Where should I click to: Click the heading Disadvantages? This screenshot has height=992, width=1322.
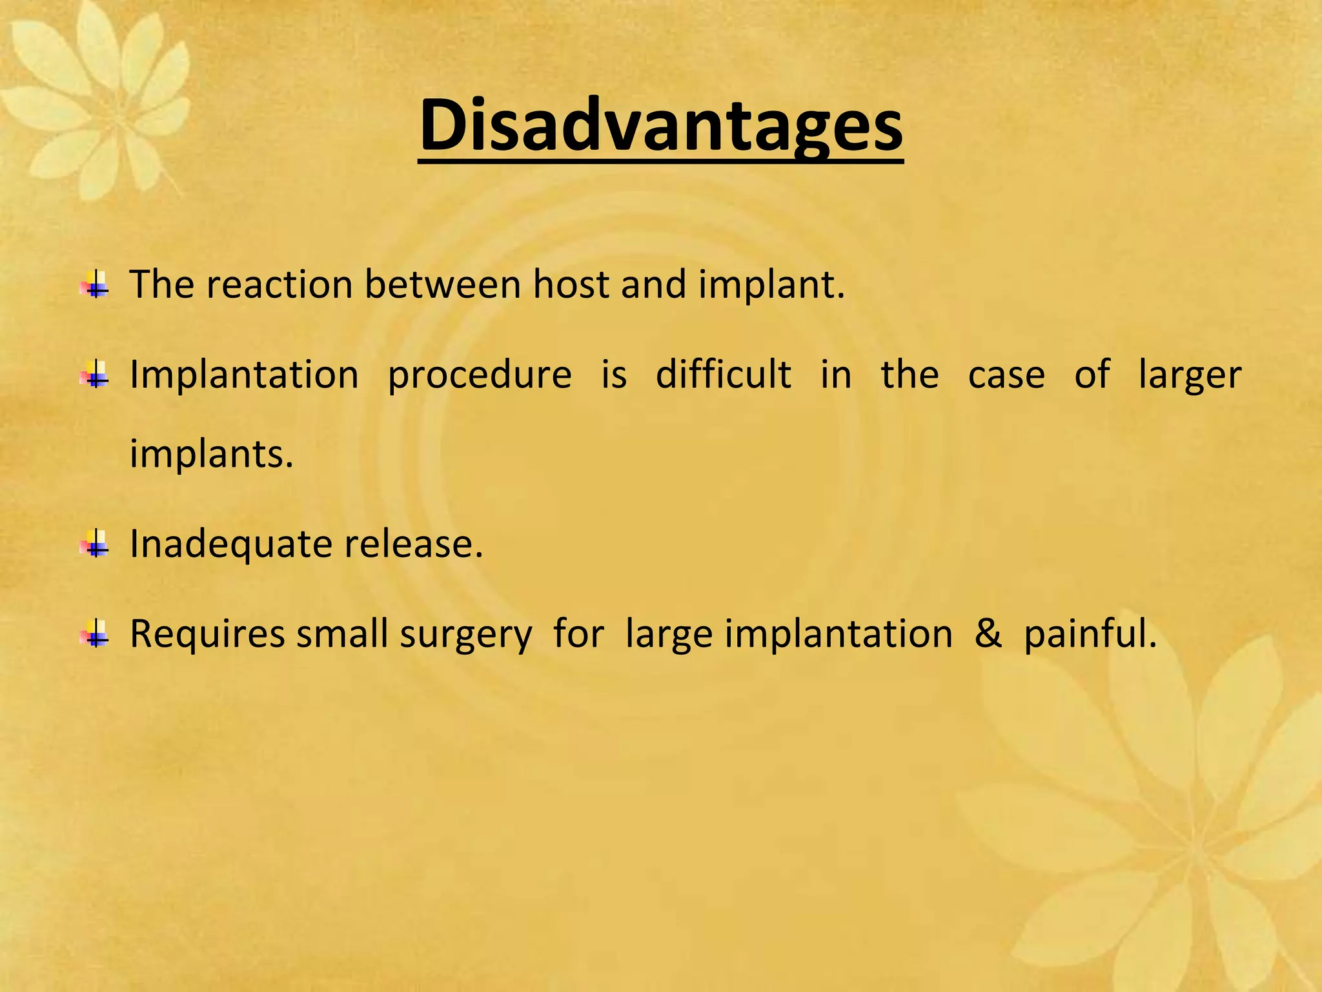pos(660,126)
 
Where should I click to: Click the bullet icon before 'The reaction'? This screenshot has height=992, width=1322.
pos(96,284)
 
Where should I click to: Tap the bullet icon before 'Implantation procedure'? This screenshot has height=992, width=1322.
pos(96,375)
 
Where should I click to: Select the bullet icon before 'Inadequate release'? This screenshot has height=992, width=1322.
pos(96,544)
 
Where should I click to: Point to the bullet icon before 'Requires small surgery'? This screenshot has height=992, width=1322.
pos(96,634)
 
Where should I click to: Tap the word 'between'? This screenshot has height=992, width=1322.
pos(442,284)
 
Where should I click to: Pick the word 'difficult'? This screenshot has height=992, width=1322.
pos(723,375)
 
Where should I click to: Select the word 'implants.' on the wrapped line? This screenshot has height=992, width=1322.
pos(212,454)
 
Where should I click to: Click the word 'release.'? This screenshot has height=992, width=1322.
pos(413,544)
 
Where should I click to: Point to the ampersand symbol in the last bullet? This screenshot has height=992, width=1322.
pos(988,634)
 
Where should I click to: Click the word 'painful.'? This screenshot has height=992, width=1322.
pos(1090,634)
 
